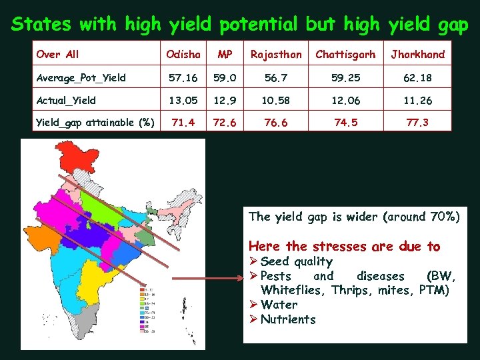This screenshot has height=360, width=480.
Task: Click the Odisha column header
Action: (x=183, y=54)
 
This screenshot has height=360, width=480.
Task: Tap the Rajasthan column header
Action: (x=275, y=54)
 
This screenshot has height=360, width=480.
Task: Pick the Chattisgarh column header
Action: (x=345, y=54)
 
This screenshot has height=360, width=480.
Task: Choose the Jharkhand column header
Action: (x=417, y=54)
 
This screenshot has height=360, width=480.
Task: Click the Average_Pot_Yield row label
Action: (x=81, y=77)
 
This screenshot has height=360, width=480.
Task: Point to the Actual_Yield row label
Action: (x=66, y=101)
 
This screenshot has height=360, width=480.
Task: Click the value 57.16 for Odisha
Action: (x=183, y=77)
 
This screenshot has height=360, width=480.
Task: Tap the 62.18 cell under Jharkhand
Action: (x=417, y=77)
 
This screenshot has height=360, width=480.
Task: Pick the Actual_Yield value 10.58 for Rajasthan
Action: (x=275, y=101)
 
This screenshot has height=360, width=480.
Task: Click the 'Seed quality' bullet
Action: (x=296, y=261)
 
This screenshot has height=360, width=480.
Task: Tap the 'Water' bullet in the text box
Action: (x=279, y=305)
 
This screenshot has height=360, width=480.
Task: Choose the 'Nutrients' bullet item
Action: (x=288, y=319)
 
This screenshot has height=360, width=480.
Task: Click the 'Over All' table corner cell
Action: (x=57, y=54)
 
